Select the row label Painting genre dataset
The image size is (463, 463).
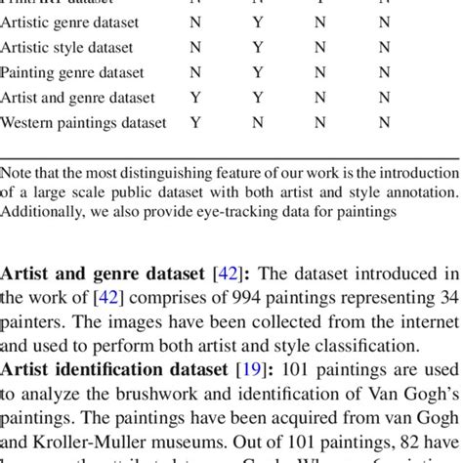[x=72, y=72]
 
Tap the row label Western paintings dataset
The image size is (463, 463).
[x=83, y=123]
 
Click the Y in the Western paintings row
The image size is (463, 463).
[x=195, y=123]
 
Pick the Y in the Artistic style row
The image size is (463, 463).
[x=258, y=46]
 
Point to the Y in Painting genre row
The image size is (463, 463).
[x=258, y=72]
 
